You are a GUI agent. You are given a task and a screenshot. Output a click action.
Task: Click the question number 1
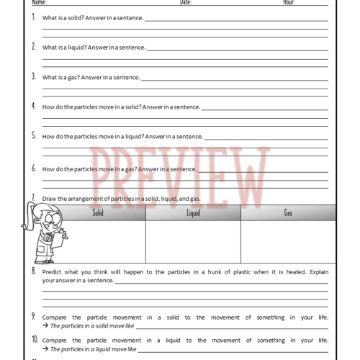[34, 17]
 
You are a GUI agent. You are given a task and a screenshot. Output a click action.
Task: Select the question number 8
[34, 271]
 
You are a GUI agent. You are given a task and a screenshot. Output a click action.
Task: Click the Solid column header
[98, 212]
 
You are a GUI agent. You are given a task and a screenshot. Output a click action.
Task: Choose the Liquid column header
[193, 212]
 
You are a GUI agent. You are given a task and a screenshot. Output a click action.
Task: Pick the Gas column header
[288, 212]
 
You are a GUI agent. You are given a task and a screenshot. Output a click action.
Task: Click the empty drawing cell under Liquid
[193, 241]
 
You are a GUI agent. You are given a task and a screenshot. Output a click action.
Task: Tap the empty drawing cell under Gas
[288, 241]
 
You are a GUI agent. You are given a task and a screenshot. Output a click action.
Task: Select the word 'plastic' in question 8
[238, 273]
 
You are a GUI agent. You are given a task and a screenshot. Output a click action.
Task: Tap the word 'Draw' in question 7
[50, 199]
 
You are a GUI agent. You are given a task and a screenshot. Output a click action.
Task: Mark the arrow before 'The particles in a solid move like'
[45, 325]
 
